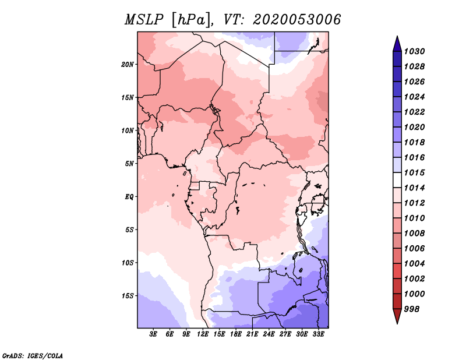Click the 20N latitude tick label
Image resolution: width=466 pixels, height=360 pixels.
click(x=128, y=64)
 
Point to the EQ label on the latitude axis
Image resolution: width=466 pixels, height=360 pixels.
click(x=129, y=196)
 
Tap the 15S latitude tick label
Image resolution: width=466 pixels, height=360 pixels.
click(x=128, y=295)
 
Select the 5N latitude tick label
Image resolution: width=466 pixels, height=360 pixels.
click(x=129, y=163)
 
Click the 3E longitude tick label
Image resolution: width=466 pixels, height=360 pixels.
click(x=154, y=334)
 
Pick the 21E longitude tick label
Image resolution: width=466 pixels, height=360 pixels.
click(x=252, y=334)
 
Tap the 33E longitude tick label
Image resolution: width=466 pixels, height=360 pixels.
click(x=318, y=334)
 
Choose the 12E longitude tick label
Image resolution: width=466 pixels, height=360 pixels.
click(x=203, y=334)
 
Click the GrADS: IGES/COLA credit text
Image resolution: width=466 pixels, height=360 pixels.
click(x=32, y=355)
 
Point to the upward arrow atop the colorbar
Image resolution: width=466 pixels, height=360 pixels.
click(x=397, y=43)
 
